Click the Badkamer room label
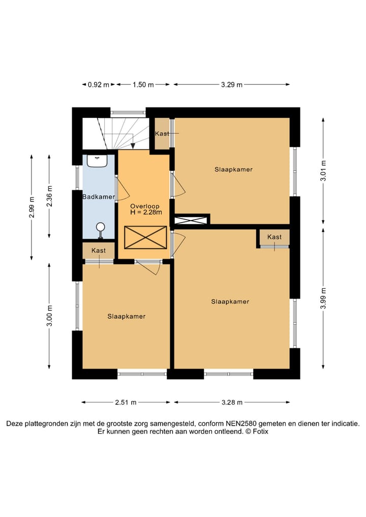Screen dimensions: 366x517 tap(99, 197)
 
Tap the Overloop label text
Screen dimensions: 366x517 tap(145, 206)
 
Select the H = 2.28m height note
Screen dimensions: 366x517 tap(146, 212)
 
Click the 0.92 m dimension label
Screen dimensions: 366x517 tap(98, 85)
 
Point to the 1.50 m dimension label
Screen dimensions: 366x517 tap(143, 85)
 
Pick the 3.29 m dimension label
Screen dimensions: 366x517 tap(231, 85)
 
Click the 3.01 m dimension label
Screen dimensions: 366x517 tap(323, 170)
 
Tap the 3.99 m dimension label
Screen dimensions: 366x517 tap(323, 298)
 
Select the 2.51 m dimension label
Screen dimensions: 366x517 tap(126, 402)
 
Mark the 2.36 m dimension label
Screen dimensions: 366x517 tap(49, 196)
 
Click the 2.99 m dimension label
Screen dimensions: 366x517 tap(32, 208)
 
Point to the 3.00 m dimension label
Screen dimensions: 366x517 tap(49, 316)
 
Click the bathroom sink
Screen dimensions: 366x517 tap(97, 161)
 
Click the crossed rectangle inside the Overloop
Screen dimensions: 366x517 tap(145, 237)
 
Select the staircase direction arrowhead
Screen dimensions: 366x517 tap(133, 146)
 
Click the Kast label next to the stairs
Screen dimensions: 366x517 tap(162, 134)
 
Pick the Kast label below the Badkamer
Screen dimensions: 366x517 tap(99, 251)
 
